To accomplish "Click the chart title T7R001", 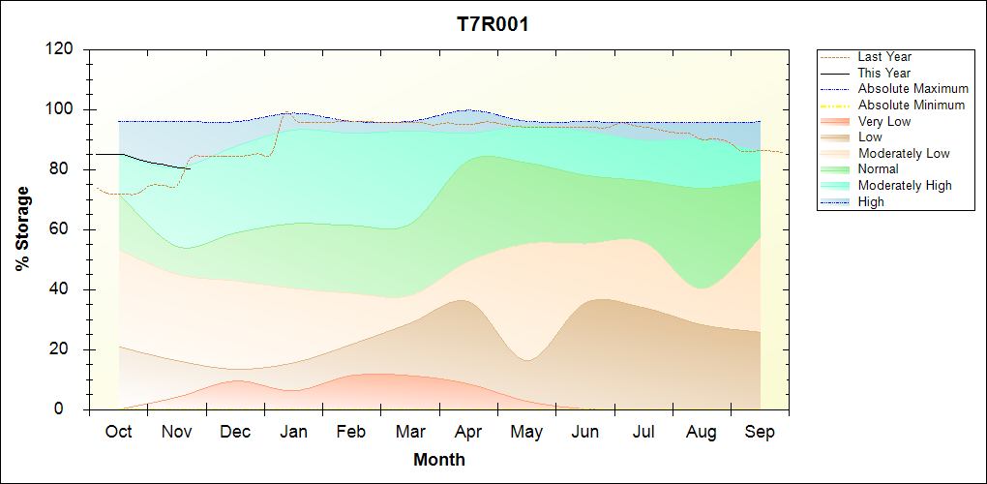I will coord(493,25).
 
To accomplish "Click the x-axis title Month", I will coord(439,460).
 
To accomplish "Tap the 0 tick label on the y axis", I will coord(72,409).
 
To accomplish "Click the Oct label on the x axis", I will coord(118,432).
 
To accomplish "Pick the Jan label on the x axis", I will coord(293,432).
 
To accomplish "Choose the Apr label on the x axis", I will coord(469,432).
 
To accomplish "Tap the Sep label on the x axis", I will coord(760,432).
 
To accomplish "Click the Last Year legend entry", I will coord(884,57).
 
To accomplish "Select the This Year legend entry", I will coord(884,73).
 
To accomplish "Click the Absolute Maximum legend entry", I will coord(912,89).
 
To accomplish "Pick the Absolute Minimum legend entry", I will coord(912,106).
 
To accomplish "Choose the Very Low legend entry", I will coord(884,121).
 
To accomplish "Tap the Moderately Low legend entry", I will coord(904,153).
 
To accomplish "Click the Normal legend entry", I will coord(878,169).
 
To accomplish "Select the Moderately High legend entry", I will coord(905,185).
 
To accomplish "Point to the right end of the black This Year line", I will coord(191,168).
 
